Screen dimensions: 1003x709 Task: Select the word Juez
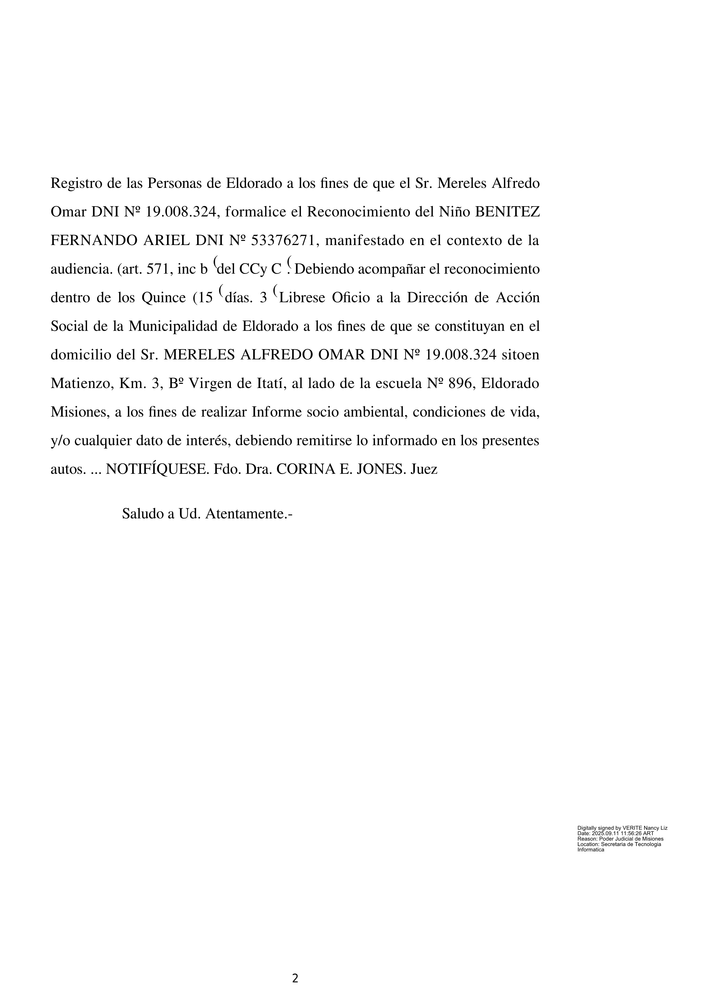(x=424, y=469)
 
